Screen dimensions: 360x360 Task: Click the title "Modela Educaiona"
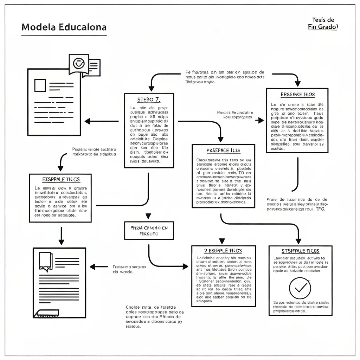click(64, 27)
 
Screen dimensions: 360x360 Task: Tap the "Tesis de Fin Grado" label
click(322, 24)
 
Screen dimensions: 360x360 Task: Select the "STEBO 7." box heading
click(149, 99)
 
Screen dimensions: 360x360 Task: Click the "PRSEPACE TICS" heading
click(223, 150)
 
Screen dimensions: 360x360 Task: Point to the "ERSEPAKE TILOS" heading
click(297, 95)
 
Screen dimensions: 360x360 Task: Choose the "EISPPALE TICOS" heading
click(61, 179)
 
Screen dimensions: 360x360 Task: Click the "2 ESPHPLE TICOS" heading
click(223, 251)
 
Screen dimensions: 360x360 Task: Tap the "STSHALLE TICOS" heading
click(300, 251)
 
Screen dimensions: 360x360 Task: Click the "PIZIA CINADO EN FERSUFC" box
click(149, 231)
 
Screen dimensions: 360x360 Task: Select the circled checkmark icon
click(300, 288)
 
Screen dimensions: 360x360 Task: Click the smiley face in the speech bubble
click(78, 63)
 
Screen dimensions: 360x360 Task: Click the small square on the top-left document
click(40, 85)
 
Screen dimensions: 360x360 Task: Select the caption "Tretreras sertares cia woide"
click(129, 269)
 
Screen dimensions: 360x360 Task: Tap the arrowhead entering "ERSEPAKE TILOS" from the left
click(261, 121)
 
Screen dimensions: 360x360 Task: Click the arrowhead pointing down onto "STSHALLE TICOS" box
click(298, 241)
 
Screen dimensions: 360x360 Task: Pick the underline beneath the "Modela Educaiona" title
click(64, 36)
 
